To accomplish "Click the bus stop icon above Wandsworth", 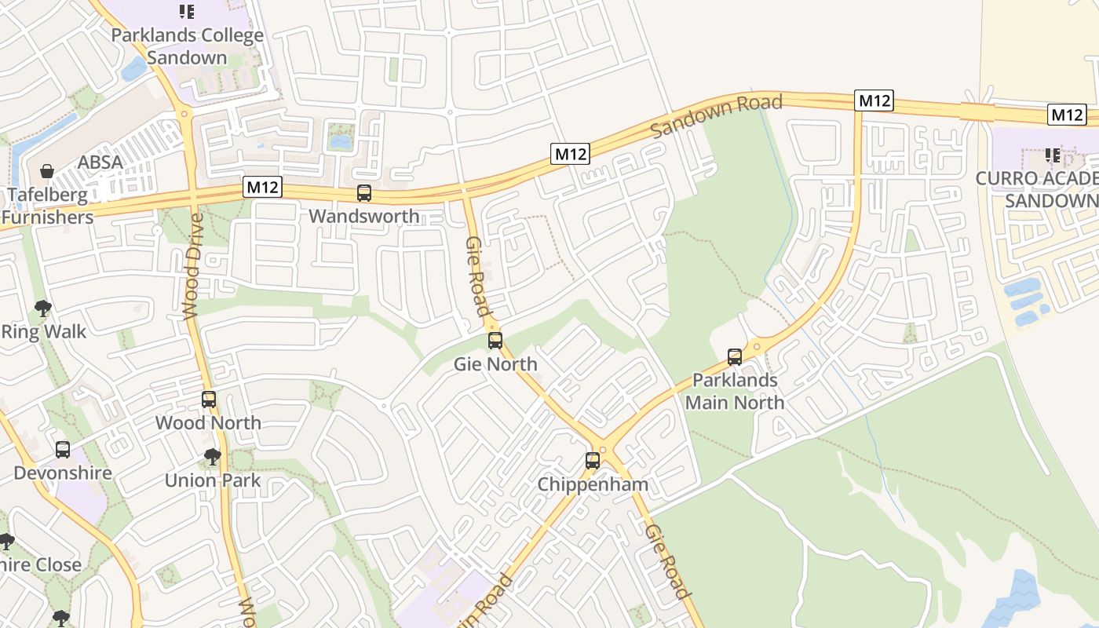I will tap(364, 193).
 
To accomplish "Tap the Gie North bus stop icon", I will tap(495, 341).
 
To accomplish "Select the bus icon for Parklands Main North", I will tap(735, 357).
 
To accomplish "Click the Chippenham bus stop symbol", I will tap(593, 461).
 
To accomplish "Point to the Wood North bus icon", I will tap(209, 400).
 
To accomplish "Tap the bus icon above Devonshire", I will tap(63, 450).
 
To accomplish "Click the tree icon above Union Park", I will tap(212, 456).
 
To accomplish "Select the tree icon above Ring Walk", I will tap(43, 309).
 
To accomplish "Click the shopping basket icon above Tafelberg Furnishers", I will tap(47, 171).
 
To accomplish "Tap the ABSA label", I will tap(100, 162).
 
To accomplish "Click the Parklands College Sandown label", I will tap(187, 46).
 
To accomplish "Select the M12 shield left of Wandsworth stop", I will tap(262, 187).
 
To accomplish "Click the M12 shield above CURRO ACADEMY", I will tap(1067, 115).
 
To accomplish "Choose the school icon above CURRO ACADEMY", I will tap(1052, 155).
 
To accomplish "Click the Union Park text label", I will tap(212, 480).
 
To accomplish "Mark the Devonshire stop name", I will tap(63, 473).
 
